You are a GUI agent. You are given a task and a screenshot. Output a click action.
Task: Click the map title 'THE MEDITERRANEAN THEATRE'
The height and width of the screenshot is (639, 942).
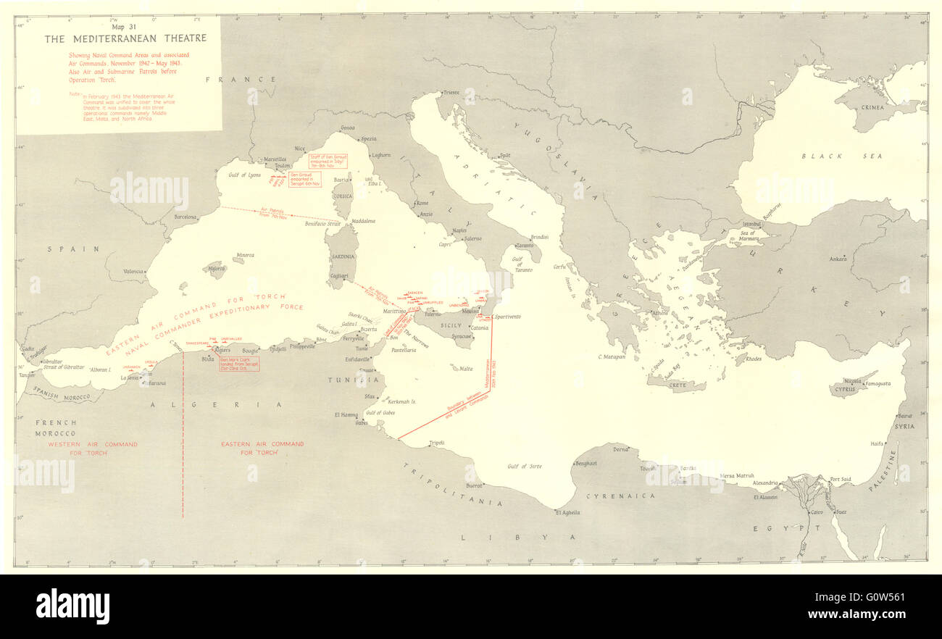(125, 38)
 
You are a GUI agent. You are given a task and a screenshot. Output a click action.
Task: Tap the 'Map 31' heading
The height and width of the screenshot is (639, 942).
(125, 28)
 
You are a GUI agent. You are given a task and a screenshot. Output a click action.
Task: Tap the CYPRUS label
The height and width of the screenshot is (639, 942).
(845, 389)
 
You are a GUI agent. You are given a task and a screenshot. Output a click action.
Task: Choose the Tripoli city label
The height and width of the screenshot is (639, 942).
(437, 443)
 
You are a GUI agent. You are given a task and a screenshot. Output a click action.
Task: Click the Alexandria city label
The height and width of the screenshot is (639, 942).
(765, 483)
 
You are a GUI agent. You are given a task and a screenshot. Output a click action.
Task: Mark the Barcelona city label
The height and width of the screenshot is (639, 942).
(186, 217)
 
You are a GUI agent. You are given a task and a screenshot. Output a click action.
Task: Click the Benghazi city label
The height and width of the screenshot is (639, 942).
(585, 464)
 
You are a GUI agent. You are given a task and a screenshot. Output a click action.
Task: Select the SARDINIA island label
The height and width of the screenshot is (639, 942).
(343, 256)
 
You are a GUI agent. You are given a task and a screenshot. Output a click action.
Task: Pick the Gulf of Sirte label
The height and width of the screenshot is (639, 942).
(525, 467)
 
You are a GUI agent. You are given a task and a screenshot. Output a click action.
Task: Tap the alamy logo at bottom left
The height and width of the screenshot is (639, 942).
(73, 606)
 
